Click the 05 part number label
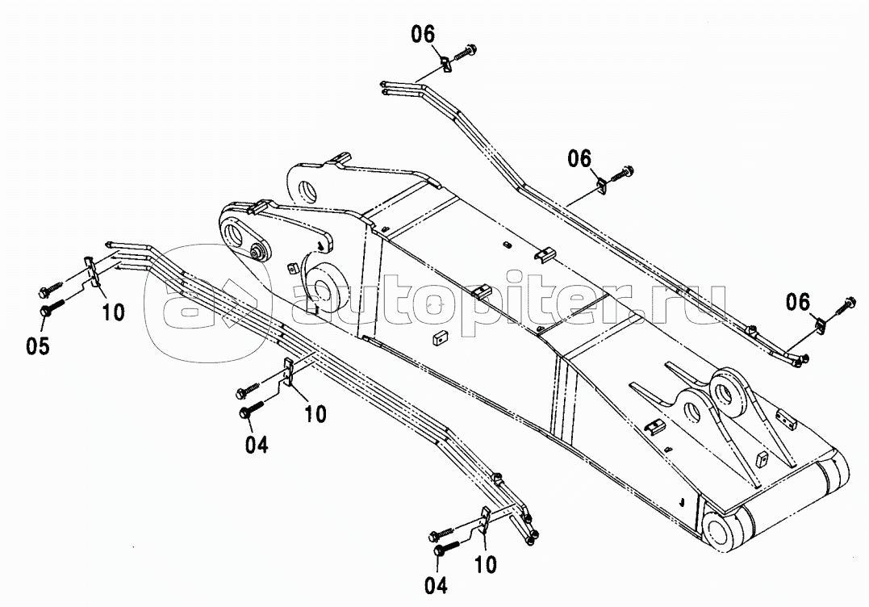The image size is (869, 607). [x=37, y=346]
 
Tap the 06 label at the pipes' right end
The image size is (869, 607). [x=797, y=302]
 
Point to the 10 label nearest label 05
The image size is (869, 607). [x=114, y=312]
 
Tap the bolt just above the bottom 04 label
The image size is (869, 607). [x=444, y=550]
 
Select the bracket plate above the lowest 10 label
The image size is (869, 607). [x=484, y=519]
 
